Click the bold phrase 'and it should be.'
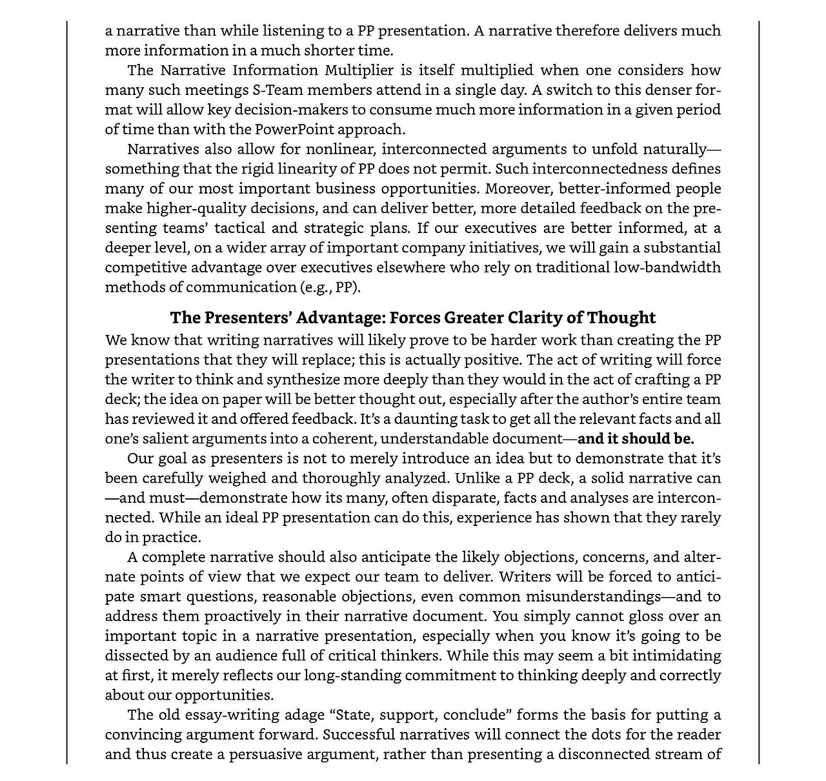(636, 439)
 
